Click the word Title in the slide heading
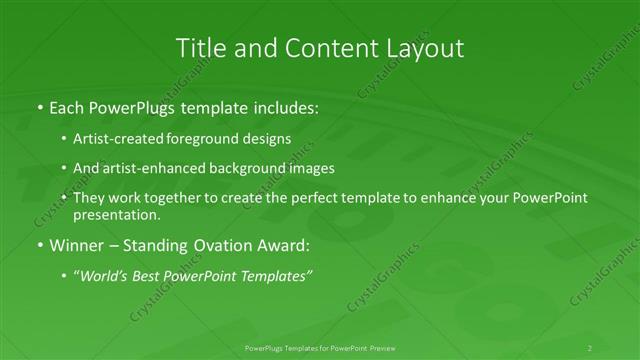click(199, 47)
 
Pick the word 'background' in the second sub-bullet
click(239, 168)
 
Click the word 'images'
click(310, 168)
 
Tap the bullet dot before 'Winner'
click(39, 245)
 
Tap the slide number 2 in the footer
click(590, 348)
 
